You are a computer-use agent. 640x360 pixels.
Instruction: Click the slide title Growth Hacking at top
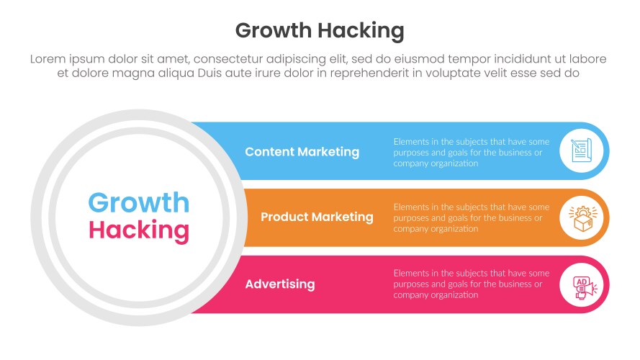click(320, 30)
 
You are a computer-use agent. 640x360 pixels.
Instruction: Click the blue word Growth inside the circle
click(138, 203)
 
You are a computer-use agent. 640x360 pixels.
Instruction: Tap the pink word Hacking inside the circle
click(138, 230)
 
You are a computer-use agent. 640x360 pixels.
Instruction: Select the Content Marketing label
click(302, 152)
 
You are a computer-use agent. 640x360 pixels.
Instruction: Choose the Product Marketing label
click(317, 217)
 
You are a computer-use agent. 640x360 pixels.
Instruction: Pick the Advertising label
click(279, 284)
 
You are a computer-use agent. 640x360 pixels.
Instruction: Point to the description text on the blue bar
click(472, 152)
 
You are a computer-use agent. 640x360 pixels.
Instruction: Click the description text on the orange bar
click(472, 217)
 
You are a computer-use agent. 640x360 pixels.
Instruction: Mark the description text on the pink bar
click(472, 284)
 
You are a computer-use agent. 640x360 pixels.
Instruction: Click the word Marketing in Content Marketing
click(331, 152)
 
